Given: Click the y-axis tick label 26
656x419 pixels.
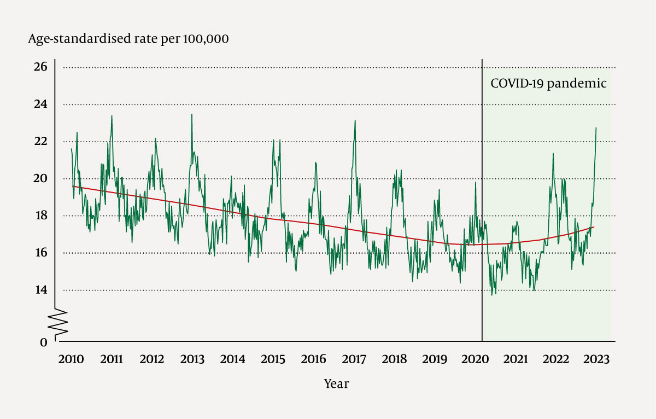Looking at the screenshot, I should [42, 67].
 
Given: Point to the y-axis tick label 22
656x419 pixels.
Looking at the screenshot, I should [42, 141].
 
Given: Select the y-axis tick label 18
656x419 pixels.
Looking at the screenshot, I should [42, 216].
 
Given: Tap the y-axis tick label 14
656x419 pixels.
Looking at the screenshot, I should [42, 290].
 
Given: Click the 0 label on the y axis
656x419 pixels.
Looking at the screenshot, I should [44, 342].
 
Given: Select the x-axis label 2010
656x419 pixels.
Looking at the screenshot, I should [71, 359].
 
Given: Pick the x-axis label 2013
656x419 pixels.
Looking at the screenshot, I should [192, 359].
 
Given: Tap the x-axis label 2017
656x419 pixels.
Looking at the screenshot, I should [354, 359].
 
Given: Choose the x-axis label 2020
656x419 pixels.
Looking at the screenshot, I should [475, 359].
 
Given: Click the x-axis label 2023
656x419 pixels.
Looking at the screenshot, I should [596, 359].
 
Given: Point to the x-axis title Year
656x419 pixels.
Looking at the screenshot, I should [336, 384].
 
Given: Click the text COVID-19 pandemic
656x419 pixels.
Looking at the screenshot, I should [548, 84].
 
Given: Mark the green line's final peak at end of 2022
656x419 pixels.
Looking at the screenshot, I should [596, 127].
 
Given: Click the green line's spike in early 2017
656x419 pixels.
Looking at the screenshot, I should [355, 120].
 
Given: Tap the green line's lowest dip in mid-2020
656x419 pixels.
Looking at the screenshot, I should [492, 295].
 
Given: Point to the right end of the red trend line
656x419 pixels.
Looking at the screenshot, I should [594, 227].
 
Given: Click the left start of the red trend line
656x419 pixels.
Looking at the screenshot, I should [73, 186].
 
